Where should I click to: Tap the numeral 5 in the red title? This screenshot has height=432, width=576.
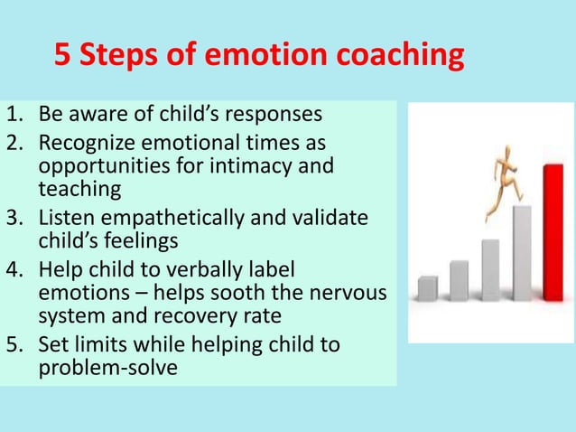pos(62,56)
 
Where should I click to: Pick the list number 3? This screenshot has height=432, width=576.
pos(14,219)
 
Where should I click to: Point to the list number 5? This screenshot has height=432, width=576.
pos(14,345)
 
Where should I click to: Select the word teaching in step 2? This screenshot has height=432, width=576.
pos(79,189)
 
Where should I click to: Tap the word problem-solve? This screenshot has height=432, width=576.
pos(107,369)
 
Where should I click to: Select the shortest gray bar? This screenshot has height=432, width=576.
pos(427,288)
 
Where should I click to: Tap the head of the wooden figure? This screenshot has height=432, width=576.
pos(499,163)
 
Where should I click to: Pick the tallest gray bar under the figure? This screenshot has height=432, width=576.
pos(521,253)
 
